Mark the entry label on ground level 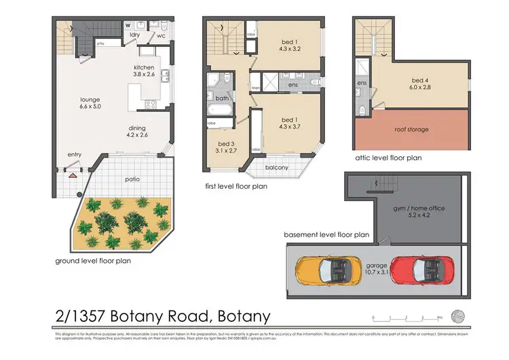click(74, 155)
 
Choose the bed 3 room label click(226, 147)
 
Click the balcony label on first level click(276, 168)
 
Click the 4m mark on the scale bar click(440, 317)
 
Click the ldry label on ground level click(135, 35)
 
